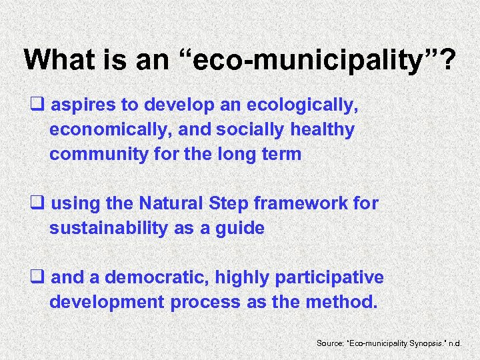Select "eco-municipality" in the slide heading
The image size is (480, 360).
[x=314, y=61]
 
